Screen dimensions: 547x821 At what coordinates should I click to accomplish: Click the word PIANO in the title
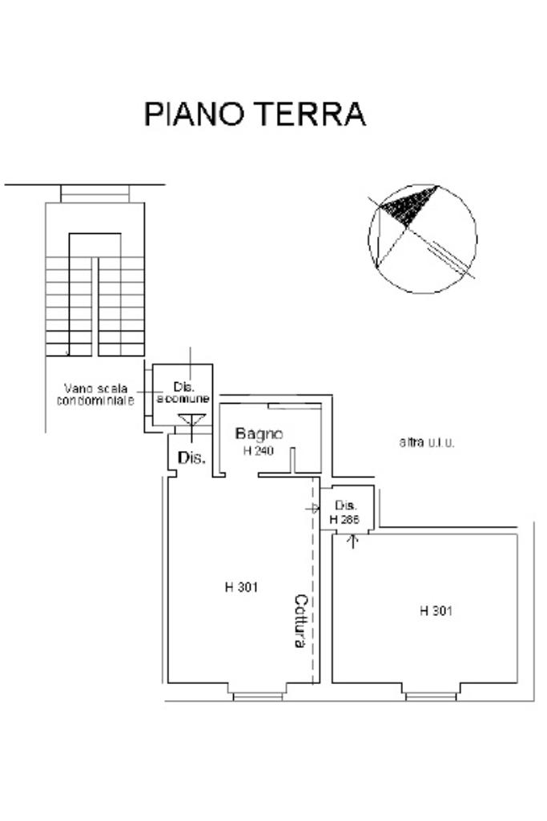pos(196,115)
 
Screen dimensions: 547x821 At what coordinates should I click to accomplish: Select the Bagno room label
pos(258,434)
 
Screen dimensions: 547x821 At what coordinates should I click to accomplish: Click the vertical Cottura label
pos(300,622)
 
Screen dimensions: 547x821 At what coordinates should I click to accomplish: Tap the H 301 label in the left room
pos(242,586)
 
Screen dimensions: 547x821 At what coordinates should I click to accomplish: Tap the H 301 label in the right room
pos(436,611)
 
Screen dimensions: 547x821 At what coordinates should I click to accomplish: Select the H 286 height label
pos(345,519)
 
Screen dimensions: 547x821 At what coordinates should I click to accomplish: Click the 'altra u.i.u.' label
pos(426,442)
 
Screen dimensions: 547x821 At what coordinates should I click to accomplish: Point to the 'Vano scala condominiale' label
pos(96,394)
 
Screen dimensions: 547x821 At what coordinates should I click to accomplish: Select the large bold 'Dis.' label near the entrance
pos(191,459)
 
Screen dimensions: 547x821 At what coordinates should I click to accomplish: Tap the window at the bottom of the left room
pos(258,695)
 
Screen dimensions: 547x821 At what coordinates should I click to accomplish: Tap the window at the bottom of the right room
pos(431,695)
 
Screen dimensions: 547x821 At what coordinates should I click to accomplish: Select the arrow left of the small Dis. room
pos(312,508)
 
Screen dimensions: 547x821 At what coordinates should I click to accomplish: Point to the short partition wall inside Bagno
pos(293,460)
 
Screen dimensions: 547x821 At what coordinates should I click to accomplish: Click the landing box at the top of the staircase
pos(95,194)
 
